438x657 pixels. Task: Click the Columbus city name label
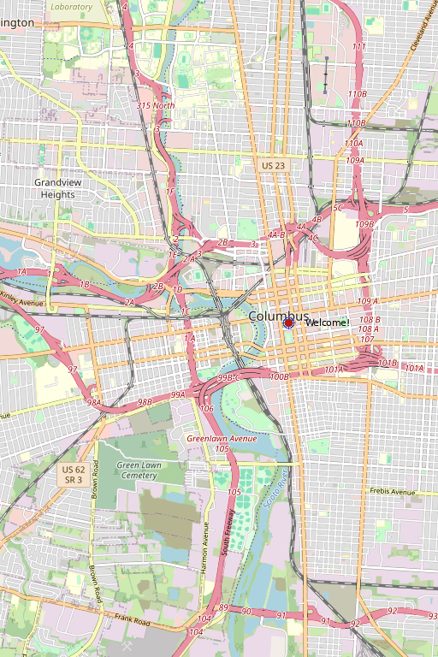[278, 317]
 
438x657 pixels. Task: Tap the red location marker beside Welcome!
[289, 323]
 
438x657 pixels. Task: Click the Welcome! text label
[327, 323]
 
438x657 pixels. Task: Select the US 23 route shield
[274, 165]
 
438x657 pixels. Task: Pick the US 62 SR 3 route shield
[74, 475]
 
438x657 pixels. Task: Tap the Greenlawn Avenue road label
[222, 439]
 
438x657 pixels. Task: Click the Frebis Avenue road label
[393, 492]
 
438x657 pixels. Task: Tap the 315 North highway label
[156, 105]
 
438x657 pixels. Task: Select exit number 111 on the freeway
[358, 46]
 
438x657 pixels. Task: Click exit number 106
[207, 409]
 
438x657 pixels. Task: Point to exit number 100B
[279, 376]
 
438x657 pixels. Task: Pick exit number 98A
[95, 401]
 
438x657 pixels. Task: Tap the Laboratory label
[71, 6]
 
